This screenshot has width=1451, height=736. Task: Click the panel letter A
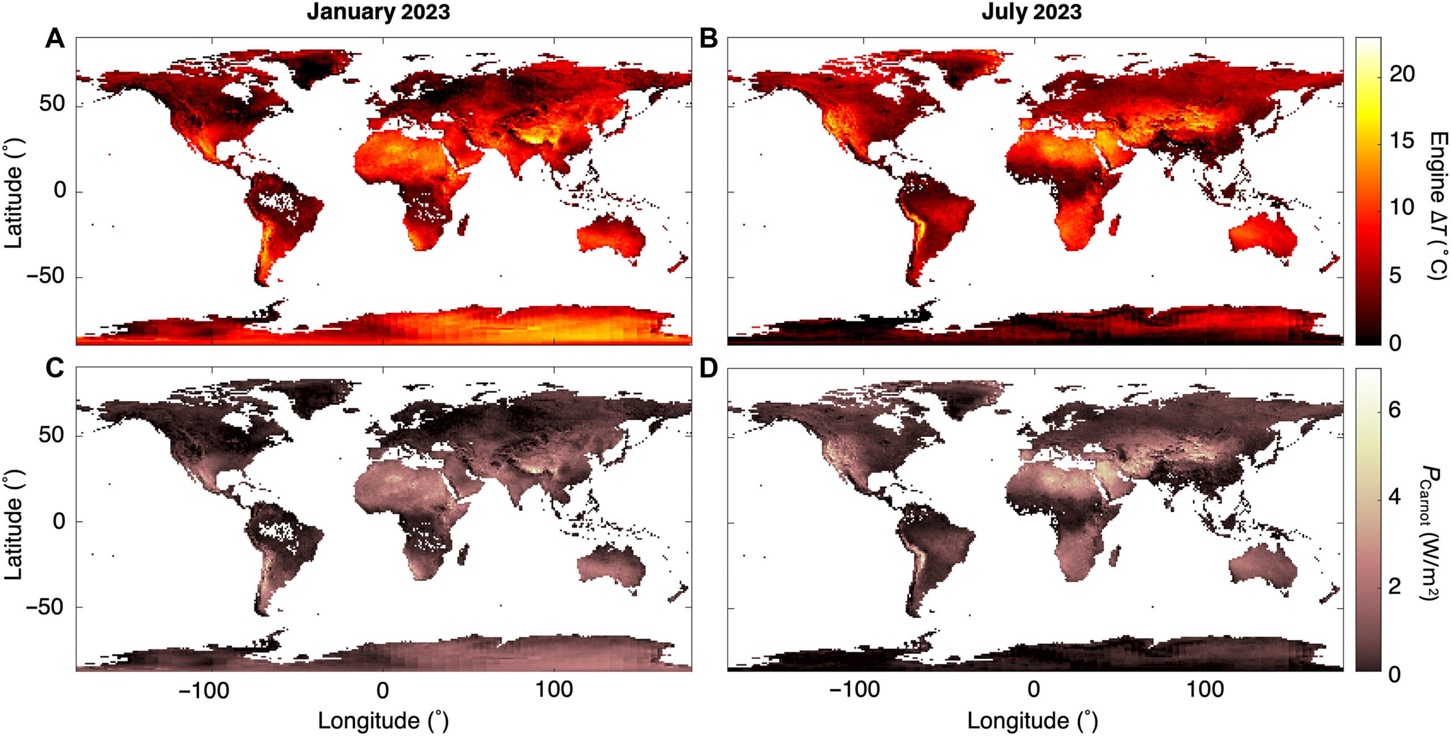point(55,39)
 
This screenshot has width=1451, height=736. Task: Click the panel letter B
point(708,39)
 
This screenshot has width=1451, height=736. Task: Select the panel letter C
point(55,369)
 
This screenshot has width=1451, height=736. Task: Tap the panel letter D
point(708,369)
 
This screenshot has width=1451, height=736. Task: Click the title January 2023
point(378,12)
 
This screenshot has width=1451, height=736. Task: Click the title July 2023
point(1031,12)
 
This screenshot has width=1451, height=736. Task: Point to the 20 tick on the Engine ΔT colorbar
point(1402,74)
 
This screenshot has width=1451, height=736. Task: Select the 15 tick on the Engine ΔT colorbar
point(1402,141)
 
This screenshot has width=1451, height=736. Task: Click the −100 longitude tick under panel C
point(203,690)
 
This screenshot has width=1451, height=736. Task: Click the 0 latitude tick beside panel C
point(60,521)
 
